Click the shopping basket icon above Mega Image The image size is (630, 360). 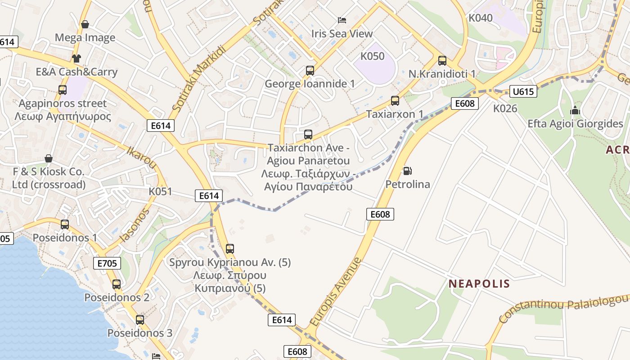[x=85, y=24]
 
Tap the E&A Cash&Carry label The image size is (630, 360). [x=76, y=72]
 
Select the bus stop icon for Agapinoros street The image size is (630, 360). [x=63, y=90]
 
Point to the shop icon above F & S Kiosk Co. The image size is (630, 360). [x=49, y=158]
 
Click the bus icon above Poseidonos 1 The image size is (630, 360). [x=65, y=224]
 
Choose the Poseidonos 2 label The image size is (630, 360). [x=117, y=297]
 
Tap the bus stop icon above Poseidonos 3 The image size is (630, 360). [x=140, y=319]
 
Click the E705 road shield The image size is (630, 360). [x=107, y=263]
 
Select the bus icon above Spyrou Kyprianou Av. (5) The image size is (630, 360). [x=230, y=248]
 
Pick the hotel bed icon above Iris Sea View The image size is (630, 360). [x=342, y=20]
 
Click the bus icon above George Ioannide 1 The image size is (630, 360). [x=310, y=71]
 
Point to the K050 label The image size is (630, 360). [x=373, y=56]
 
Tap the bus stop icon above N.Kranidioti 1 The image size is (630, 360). [x=442, y=60]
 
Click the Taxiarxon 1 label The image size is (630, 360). [x=395, y=114]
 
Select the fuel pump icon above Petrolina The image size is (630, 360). [x=407, y=171]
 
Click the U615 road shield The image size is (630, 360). [x=523, y=92]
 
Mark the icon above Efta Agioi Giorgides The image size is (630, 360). [x=575, y=110]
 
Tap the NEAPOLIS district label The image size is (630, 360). [x=479, y=284]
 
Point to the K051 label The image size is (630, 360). [x=160, y=192]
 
